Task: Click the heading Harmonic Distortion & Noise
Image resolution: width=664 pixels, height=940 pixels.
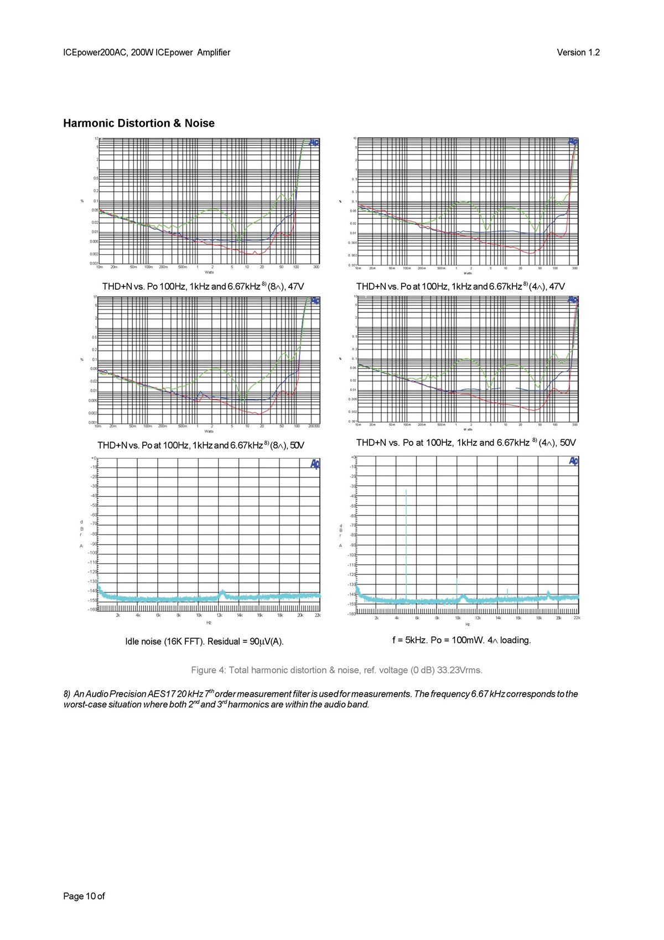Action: point(139,123)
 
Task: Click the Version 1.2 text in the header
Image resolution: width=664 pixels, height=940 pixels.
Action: point(578,53)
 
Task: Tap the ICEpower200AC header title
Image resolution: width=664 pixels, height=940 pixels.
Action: point(147,53)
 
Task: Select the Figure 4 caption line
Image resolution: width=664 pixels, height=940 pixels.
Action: point(336,670)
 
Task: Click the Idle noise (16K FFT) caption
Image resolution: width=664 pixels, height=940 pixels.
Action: point(204,641)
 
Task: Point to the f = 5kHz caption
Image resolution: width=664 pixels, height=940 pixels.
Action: point(461,640)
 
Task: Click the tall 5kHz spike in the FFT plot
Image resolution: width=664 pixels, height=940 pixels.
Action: point(406,543)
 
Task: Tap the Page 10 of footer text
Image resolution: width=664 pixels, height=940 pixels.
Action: point(84,896)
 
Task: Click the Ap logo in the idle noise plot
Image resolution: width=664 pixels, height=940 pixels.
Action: point(315,464)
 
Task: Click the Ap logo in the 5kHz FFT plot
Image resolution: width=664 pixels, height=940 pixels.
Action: point(573,461)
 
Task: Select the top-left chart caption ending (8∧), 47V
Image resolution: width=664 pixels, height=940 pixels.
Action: point(203,286)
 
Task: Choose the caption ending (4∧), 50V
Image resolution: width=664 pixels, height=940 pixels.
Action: point(466,443)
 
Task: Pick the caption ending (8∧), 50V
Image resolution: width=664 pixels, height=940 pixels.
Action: point(201,445)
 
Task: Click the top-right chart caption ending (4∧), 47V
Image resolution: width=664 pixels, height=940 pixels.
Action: point(460,286)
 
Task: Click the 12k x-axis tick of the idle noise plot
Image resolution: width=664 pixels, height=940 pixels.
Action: point(219,615)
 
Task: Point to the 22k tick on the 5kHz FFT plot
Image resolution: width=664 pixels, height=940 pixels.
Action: point(577,618)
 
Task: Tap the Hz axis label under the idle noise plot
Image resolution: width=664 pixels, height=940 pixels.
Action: point(209,623)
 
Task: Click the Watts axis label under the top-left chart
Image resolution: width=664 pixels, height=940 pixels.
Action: point(209,272)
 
